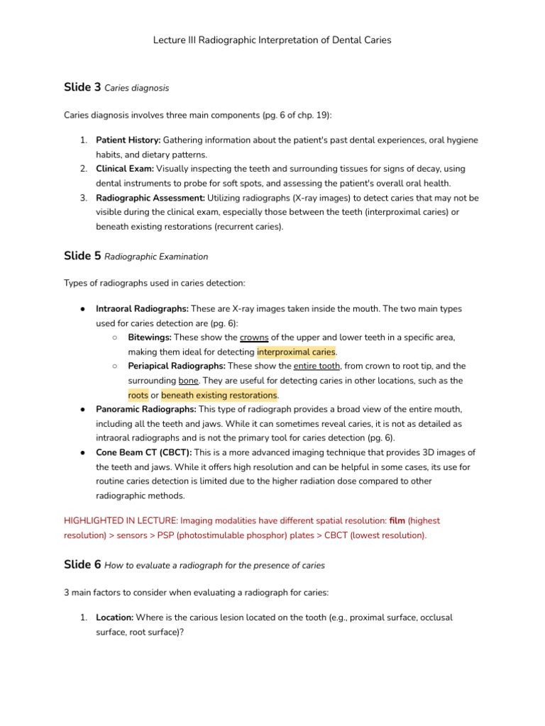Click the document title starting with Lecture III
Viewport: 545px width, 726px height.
(x=272, y=40)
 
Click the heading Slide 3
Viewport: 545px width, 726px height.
(x=82, y=87)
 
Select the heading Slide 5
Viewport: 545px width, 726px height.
(x=82, y=255)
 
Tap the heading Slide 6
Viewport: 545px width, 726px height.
(x=82, y=564)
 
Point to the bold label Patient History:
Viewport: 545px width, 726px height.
(x=128, y=140)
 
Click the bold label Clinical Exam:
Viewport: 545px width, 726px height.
(x=125, y=169)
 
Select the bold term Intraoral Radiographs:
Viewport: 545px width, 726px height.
(x=142, y=309)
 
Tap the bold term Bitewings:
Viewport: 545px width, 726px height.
(x=150, y=337)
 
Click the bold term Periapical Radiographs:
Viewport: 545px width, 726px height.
(x=177, y=366)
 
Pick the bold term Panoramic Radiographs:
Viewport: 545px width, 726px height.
(x=145, y=409)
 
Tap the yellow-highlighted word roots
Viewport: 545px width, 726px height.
(x=138, y=395)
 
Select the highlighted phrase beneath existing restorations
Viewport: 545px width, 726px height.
(x=219, y=395)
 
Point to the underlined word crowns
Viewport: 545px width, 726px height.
(x=254, y=337)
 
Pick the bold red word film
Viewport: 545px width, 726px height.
(x=397, y=520)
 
